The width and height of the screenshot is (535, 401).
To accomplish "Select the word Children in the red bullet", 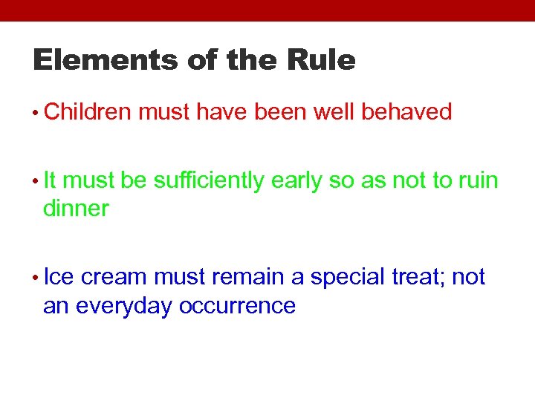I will click(88, 112).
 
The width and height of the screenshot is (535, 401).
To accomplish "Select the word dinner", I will click(76, 209).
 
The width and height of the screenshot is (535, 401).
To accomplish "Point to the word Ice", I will click(59, 277).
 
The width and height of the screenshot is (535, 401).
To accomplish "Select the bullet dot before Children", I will click(36, 114).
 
